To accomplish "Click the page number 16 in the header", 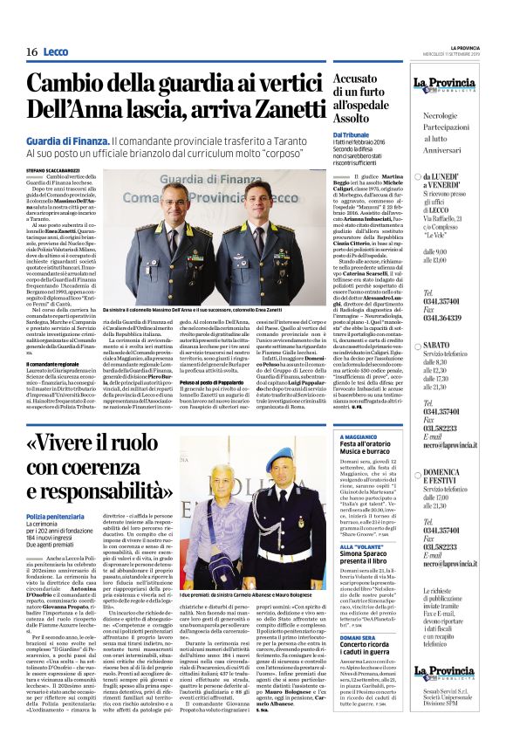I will pos(31,52).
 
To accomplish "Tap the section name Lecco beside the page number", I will pos(55,52).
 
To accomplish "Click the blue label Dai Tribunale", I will pos(352,134).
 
